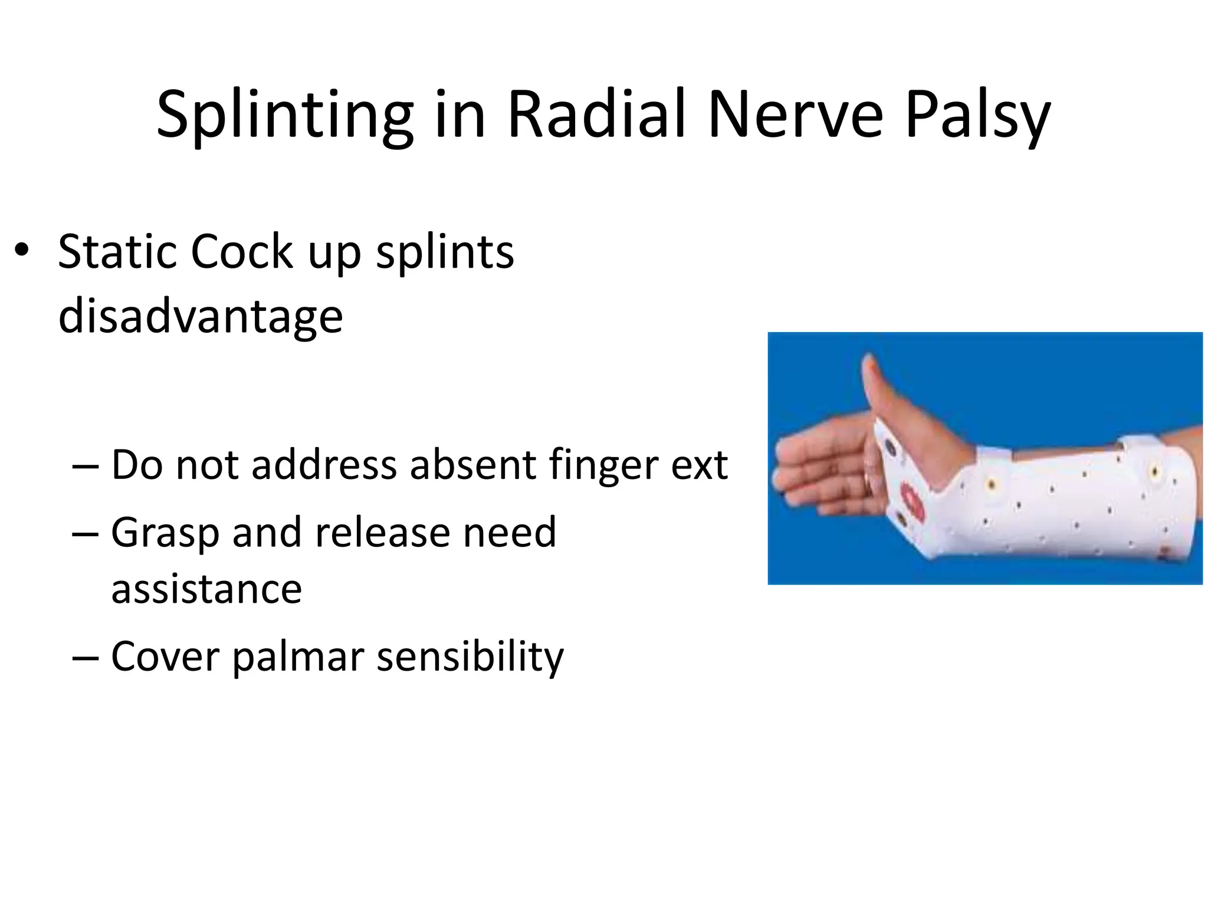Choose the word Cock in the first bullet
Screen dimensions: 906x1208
241,252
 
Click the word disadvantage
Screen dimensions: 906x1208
201,316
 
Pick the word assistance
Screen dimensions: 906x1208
206,589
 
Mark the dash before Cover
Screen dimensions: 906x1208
86,656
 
